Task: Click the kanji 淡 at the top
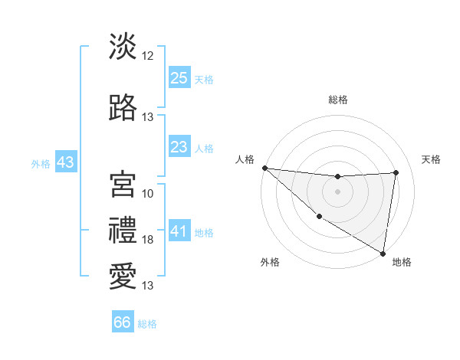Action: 123,47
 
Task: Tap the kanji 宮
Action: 123,184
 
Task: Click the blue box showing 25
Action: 179,78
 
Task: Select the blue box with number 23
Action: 179,147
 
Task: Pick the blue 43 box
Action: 65,162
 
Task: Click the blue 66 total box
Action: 123,322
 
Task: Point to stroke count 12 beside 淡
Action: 148,55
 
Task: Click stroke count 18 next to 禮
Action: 148,240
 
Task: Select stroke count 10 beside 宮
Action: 148,193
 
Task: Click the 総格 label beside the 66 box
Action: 147,324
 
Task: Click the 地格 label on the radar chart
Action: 402,263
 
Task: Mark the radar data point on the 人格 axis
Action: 264,168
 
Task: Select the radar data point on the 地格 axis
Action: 383,253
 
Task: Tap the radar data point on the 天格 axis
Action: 396,172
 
